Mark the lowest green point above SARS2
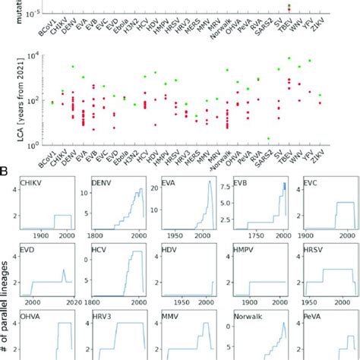[x=268, y=138]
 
